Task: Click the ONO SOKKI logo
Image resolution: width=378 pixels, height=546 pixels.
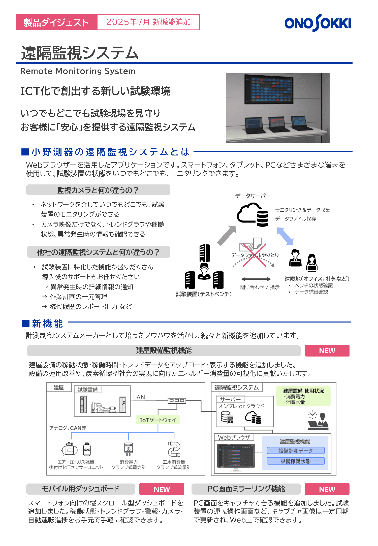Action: [x=318, y=23]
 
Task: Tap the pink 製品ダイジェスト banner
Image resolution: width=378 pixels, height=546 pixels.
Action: [x=56, y=22]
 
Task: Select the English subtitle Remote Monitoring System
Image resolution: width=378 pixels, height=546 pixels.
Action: [x=78, y=71]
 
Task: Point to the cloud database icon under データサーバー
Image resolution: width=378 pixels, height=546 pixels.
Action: [x=253, y=215]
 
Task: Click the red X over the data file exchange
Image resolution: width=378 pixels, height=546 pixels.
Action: [x=255, y=255]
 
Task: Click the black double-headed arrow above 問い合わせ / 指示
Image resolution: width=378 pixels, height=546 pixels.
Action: [x=256, y=279]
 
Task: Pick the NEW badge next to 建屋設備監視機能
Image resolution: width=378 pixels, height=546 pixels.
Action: [x=327, y=350]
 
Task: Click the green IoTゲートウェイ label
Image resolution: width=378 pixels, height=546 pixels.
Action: [x=158, y=420]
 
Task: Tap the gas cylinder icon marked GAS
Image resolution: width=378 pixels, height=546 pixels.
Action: [x=87, y=449]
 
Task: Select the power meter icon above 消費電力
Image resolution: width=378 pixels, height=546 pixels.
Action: [x=129, y=449]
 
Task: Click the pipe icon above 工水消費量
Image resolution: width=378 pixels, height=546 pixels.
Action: [x=174, y=449]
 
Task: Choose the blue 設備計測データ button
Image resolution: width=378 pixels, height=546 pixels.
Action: [x=296, y=451]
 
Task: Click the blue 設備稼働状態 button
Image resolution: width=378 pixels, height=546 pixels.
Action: [x=296, y=461]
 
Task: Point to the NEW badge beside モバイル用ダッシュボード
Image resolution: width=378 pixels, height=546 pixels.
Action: [x=162, y=489]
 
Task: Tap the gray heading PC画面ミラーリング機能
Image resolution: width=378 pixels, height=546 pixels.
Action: [x=246, y=489]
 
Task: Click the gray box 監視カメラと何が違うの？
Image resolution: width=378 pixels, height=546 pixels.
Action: [x=98, y=190]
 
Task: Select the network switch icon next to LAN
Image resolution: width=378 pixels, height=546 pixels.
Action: [x=177, y=400]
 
